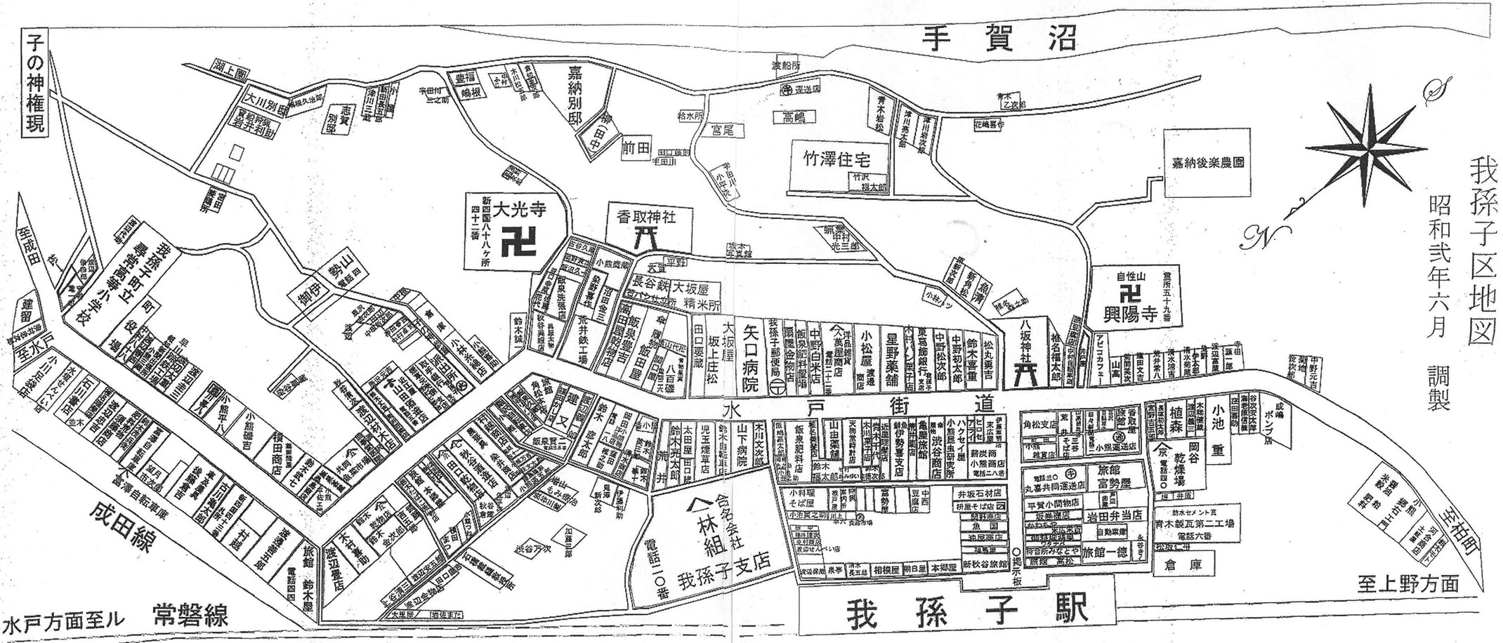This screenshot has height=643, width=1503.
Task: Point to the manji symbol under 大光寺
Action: click(518, 245)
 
